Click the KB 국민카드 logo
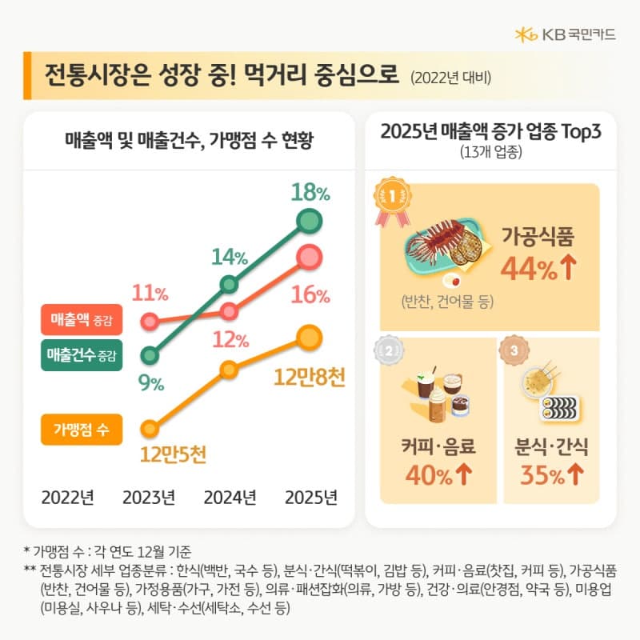[566, 34]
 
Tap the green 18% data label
[310, 192]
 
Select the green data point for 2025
[309, 220]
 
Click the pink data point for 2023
[148, 322]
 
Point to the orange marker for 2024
[229, 369]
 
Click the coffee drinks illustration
[438, 393]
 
